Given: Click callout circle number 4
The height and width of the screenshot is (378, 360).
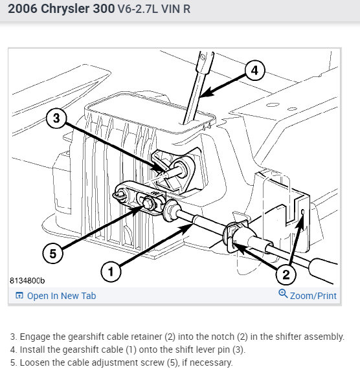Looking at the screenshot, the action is pos(255,71).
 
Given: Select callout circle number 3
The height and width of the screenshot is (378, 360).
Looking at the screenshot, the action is pos(56,118).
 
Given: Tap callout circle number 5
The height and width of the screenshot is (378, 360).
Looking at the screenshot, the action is pos(53,253).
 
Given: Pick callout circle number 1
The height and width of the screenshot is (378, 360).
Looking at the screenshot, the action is pos(111,272).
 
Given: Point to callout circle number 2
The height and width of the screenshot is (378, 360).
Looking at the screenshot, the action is pos(286,274).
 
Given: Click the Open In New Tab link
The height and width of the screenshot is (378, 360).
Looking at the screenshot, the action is pos(62,296).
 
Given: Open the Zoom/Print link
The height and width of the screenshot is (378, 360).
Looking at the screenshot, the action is pos(313,296).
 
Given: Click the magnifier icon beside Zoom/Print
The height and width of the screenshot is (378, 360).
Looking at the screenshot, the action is pos(283,293).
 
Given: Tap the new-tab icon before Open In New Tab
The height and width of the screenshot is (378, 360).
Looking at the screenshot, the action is pos(19,295).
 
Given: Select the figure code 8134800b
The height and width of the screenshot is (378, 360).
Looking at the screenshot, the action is pos(27,281).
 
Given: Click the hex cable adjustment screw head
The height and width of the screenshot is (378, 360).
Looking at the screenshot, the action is pos(147,204).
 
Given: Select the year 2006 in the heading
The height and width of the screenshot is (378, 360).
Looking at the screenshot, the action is pos(23,8).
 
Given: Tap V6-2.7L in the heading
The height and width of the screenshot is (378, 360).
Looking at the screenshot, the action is pos(137,9).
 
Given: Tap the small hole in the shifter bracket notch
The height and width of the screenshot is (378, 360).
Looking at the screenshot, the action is pos(303,212).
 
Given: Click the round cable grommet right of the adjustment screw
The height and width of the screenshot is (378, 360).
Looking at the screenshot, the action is pos(171,210).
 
